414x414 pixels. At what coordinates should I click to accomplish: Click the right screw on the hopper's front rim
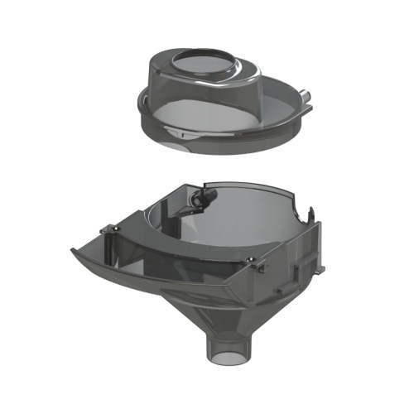click(x=252, y=262)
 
